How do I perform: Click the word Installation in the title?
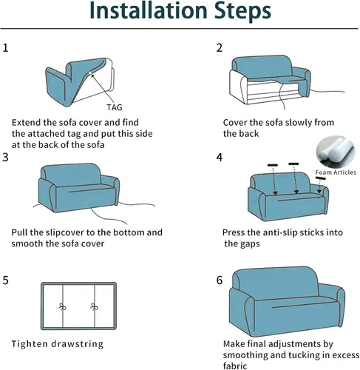click(x=149, y=10)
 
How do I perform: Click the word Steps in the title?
click(x=242, y=12)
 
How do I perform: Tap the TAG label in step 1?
click(x=115, y=107)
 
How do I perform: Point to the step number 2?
click(x=220, y=48)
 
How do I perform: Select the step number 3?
click(x=5, y=157)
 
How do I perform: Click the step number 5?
click(x=5, y=280)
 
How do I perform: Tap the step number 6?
click(x=220, y=280)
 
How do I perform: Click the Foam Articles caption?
click(x=336, y=172)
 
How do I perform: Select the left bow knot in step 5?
click(x=62, y=306)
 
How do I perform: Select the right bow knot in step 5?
click(x=94, y=306)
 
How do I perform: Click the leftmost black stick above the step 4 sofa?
click(x=273, y=165)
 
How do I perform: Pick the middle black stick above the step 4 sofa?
click(x=293, y=164)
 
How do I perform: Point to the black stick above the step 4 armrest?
click(x=321, y=178)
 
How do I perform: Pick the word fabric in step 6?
click(x=235, y=366)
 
